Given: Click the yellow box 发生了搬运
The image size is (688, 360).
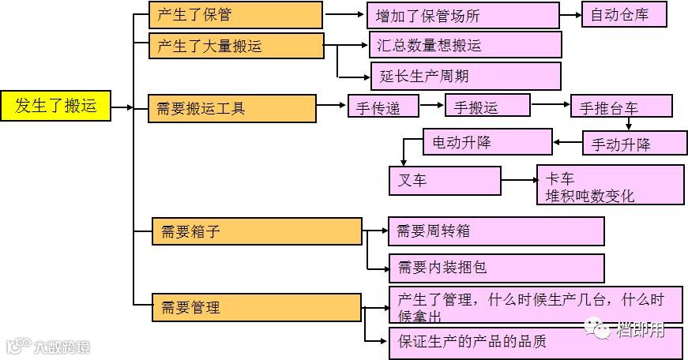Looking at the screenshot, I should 55,106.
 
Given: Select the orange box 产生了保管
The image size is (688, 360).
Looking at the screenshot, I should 235,15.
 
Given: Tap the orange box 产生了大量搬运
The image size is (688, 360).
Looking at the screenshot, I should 236,46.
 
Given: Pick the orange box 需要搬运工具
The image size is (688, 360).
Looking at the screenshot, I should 232,108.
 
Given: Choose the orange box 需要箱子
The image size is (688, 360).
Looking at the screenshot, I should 257,231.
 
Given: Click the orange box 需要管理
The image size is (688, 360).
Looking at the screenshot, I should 257,307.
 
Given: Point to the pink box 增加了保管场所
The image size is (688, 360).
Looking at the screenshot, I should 463,15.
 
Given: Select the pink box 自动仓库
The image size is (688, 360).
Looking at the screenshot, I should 624,15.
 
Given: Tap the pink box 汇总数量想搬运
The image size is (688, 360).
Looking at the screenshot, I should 465,45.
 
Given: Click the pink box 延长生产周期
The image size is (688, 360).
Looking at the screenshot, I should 465,77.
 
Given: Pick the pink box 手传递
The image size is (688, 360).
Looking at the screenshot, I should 383,106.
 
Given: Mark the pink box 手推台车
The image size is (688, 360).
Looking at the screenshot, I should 621,106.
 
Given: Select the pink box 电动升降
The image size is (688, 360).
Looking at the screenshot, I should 487,142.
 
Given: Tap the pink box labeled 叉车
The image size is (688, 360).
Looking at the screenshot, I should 446,181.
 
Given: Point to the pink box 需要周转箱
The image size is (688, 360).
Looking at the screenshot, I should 496,231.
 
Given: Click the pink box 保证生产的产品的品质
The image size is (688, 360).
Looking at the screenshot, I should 536,341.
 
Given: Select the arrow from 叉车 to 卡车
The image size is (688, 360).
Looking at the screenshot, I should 518,182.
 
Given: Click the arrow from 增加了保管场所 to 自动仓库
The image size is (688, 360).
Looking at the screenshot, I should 570,15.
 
